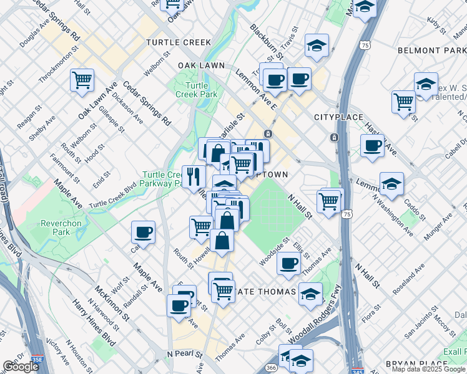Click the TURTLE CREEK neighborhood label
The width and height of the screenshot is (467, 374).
pos(178,42)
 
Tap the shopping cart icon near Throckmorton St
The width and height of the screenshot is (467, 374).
pos(82,80)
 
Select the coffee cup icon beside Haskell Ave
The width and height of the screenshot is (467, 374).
pos(373,146)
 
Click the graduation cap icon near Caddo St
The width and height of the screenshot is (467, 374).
pos(391,184)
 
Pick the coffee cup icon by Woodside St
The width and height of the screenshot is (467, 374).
pos(288,264)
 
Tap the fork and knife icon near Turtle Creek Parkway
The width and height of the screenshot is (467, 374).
pos(194,176)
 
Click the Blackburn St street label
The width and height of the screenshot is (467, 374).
pos(266,42)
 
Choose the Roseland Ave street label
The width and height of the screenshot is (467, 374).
pos(409,278)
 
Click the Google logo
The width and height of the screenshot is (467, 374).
pos(20,367)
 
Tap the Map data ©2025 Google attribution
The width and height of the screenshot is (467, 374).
pos(428,369)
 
